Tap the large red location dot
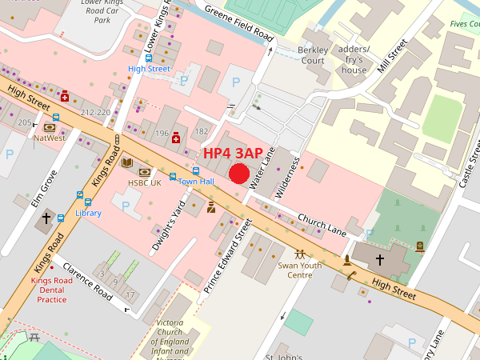tap(239, 174)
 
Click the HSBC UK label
tap(145, 182)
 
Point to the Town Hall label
tap(196, 182)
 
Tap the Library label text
tap(88, 213)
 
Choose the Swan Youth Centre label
tap(299, 270)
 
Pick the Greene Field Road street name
tap(239, 26)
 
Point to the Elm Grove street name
tap(44, 189)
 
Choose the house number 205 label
tap(25, 122)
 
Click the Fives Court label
tap(464, 24)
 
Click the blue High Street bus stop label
tap(149, 69)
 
